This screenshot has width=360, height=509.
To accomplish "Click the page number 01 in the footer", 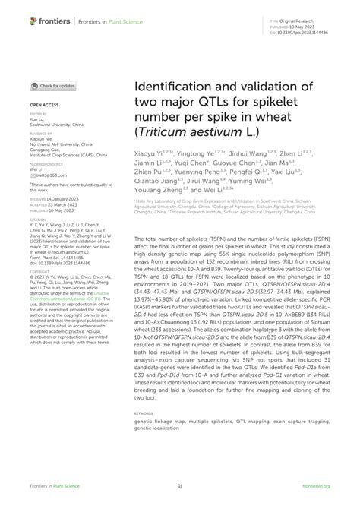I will tap(180, 487).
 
